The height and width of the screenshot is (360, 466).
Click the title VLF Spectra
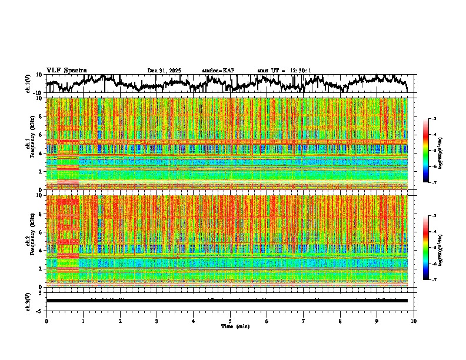pyautogui.click(x=66, y=71)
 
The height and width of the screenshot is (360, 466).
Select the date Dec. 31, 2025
pyautogui.click(x=164, y=71)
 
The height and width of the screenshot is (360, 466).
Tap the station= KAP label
pyautogui.click(x=218, y=71)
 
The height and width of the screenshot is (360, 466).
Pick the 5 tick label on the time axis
pyautogui.click(x=230, y=321)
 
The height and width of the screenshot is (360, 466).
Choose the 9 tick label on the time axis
pyautogui.click(x=377, y=321)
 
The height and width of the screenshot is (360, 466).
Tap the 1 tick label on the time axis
pyautogui.click(x=83, y=321)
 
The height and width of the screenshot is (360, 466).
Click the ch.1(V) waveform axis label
pyautogui.click(x=28, y=84)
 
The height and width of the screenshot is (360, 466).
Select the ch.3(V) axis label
pyautogui.click(x=28, y=301)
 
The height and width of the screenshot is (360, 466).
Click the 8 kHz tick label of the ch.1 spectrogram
pyautogui.click(x=39, y=116)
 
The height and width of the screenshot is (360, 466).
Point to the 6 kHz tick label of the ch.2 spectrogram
pyautogui.click(x=39, y=232)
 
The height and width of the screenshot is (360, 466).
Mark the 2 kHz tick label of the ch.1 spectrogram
pyautogui.click(x=39, y=172)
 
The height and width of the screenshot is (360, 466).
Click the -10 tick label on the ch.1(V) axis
pyautogui.click(x=37, y=93)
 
